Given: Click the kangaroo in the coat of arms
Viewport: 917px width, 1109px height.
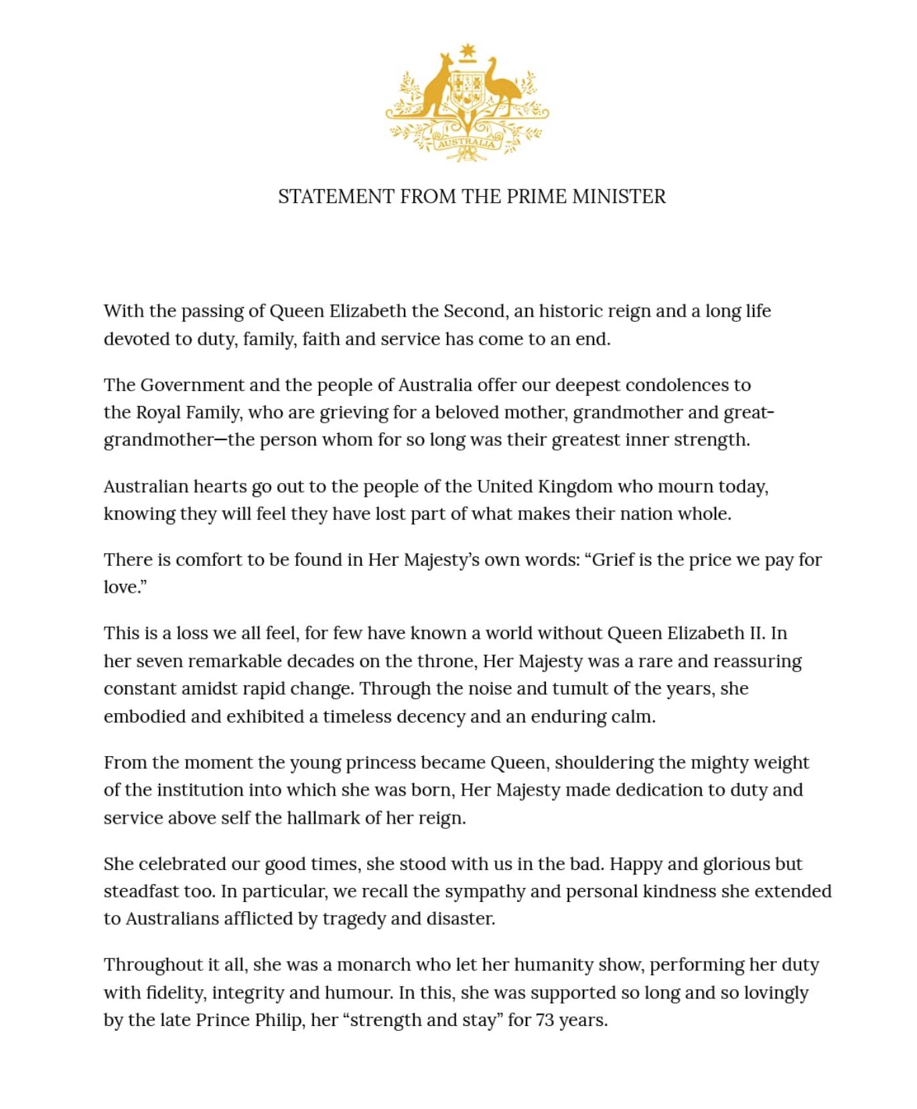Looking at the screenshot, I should pos(434,87).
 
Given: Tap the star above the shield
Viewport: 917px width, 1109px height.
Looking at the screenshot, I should pos(468,50).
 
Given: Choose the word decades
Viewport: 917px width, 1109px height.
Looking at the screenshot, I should pos(321,662).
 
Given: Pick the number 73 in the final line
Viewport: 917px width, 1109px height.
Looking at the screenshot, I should pos(546,1021).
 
